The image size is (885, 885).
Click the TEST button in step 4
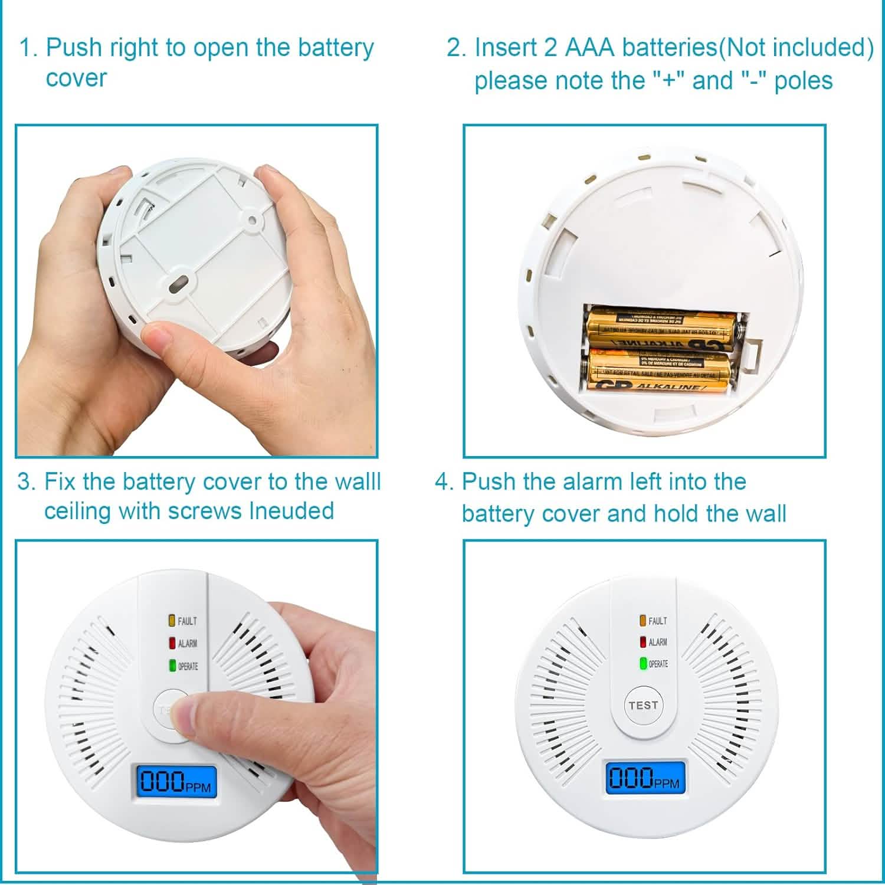[x=643, y=705]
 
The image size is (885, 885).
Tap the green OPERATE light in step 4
[x=643, y=664]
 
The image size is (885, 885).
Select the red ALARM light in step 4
[x=643, y=642]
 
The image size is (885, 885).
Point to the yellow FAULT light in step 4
[x=643, y=621]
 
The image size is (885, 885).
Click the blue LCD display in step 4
[x=647, y=779]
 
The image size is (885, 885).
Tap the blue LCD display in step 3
[x=176, y=782]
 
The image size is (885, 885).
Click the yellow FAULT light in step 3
[x=172, y=621]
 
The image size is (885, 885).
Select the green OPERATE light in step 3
[x=172, y=666]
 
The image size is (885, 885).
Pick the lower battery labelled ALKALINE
[x=660, y=372]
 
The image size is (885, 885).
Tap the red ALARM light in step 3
[x=172, y=643]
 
